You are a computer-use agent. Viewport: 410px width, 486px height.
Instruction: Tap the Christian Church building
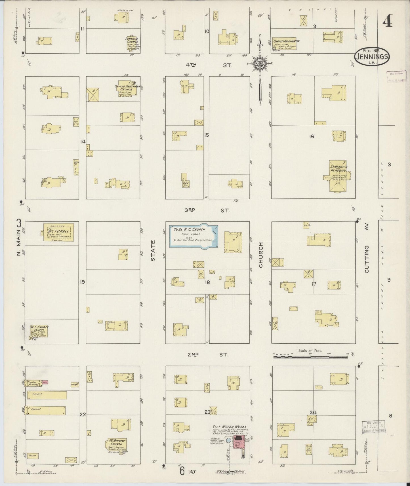click(285, 44)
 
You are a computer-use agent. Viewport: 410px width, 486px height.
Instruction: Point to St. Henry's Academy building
click(338, 176)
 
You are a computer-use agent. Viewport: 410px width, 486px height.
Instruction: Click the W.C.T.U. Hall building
click(59, 233)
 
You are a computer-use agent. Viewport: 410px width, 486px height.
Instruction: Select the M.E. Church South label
click(39, 329)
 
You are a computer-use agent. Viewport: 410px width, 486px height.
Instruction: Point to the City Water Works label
click(230, 426)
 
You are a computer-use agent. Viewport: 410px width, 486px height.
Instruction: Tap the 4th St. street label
click(209, 65)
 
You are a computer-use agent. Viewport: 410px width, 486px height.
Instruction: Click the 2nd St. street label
click(208, 354)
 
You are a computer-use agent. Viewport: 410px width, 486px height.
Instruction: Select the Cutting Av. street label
click(367, 259)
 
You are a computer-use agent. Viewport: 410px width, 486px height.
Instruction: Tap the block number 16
click(312, 136)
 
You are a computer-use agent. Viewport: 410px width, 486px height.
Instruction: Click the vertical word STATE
click(153, 250)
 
